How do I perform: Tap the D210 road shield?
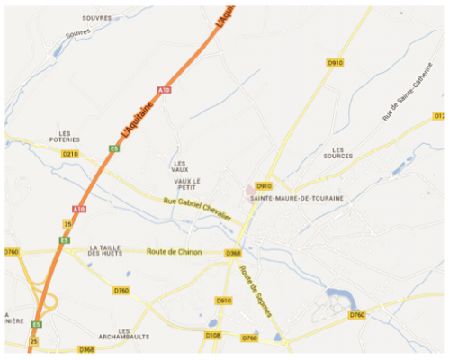click(x=70, y=154)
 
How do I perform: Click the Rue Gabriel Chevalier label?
click(x=197, y=211)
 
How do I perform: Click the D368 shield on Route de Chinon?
click(x=233, y=253)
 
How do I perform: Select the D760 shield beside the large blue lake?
click(x=357, y=315)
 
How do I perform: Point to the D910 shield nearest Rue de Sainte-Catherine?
click(x=336, y=62)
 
